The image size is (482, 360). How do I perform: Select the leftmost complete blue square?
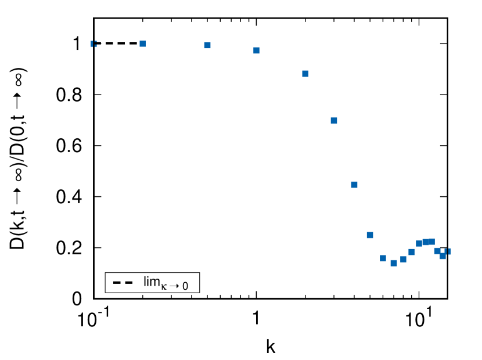(142, 44)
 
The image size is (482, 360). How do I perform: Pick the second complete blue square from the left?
(207, 45)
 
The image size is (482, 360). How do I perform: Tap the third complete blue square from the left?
(256, 51)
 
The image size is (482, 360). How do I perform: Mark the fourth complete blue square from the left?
(305, 74)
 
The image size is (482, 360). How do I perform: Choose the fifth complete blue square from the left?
(334, 121)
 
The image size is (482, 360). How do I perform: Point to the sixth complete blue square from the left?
(354, 185)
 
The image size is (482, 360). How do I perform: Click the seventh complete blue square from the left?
(370, 235)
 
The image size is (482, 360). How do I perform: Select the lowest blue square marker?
(394, 263)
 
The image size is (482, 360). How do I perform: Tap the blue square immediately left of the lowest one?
(383, 258)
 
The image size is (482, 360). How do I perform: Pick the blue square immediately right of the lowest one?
(403, 259)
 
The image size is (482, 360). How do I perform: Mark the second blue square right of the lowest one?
(411, 252)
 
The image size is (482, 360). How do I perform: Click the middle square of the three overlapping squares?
(425, 242)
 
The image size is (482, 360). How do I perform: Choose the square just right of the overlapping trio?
(437, 251)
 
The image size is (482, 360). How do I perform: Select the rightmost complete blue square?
(443, 256)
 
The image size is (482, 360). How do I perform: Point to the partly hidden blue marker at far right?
(448, 251)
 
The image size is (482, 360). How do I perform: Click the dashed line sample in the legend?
(123, 283)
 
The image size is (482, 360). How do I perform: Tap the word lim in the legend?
(152, 282)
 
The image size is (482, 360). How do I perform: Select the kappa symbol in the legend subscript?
(164, 286)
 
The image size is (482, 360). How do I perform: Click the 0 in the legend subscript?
(185, 286)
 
